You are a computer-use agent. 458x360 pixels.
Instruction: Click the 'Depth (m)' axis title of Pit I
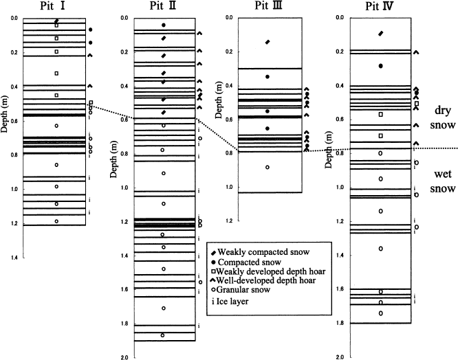point(6,117)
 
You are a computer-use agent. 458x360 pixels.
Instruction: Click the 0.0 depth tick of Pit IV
point(339,19)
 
